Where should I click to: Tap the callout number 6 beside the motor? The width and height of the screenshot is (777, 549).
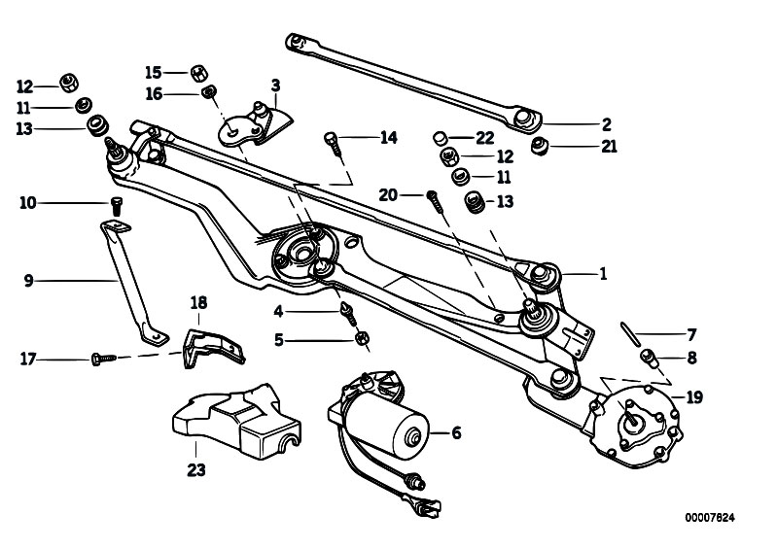(x=455, y=433)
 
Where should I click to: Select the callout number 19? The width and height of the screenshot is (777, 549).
(x=694, y=396)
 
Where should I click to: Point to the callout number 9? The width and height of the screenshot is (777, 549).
(x=29, y=281)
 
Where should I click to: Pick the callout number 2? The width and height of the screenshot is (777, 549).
(x=606, y=124)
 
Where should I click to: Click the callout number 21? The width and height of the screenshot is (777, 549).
(x=610, y=147)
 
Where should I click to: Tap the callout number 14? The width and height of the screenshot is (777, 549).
(x=388, y=138)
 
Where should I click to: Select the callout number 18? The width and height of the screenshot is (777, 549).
(x=198, y=303)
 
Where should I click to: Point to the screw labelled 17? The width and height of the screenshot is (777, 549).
(x=102, y=359)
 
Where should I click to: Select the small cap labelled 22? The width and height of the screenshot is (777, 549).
(x=441, y=136)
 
